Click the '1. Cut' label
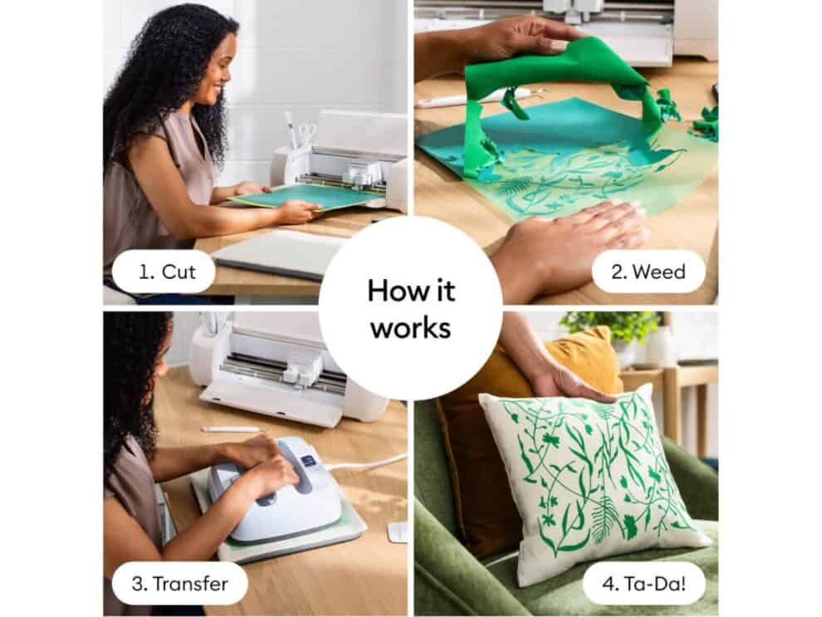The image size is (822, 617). click(x=167, y=272)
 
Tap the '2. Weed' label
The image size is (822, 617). click(x=648, y=272)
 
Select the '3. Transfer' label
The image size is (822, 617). click(x=180, y=584)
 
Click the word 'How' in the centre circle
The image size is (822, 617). click(x=394, y=290)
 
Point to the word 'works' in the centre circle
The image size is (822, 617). click(x=411, y=328)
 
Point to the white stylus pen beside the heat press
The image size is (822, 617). click(x=231, y=429)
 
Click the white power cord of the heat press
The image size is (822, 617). click(x=367, y=462)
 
